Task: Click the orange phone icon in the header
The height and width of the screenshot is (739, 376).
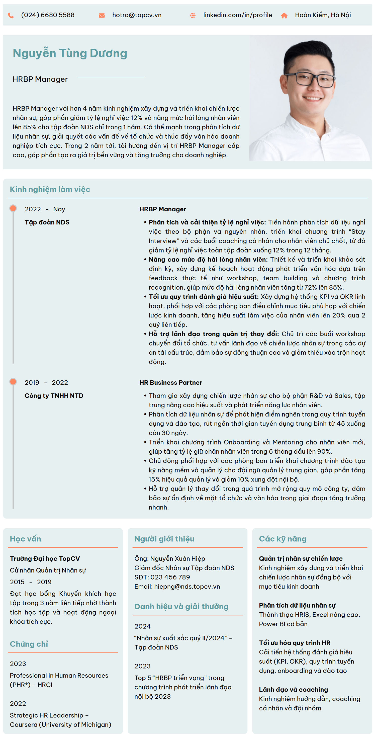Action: click(x=11, y=16)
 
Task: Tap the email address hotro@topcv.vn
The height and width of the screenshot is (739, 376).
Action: click(x=137, y=15)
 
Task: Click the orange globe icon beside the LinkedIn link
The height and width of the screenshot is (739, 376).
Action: click(x=193, y=16)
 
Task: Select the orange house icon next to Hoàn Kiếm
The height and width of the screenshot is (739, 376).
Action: click(x=284, y=16)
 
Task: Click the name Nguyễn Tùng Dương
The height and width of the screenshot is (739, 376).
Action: click(x=70, y=53)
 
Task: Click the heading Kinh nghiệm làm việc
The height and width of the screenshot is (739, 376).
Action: click(x=50, y=189)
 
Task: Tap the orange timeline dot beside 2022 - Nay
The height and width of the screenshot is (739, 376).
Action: click(x=13, y=208)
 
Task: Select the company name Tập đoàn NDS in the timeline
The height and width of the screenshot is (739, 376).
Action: click(x=47, y=222)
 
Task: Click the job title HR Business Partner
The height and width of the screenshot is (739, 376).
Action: click(x=171, y=382)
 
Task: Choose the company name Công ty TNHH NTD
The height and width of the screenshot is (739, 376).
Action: click(x=54, y=396)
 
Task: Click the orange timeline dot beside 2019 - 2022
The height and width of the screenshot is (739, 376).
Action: click(x=13, y=382)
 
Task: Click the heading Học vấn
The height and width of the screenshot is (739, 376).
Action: click(x=26, y=539)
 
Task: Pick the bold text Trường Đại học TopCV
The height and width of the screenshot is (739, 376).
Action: click(x=45, y=558)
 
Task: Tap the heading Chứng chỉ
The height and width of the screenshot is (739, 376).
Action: click(x=29, y=644)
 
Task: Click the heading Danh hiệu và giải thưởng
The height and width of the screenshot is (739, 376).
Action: click(x=181, y=606)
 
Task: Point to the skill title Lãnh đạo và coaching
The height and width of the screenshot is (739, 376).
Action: click(x=293, y=689)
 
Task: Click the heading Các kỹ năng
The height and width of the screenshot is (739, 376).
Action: click(x=283, y=539)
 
